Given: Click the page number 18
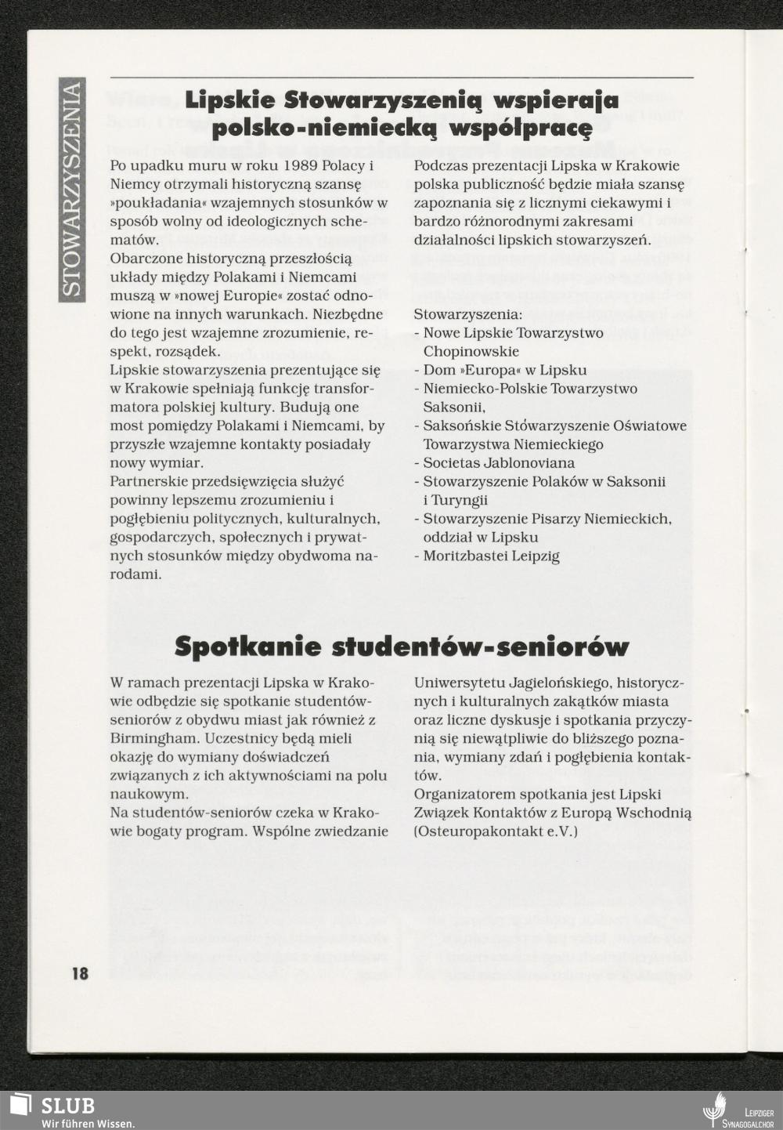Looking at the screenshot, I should pyautogui.click(x=80, y=974).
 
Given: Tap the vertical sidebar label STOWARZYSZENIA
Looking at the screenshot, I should pyautogui.click(x=71, y=188).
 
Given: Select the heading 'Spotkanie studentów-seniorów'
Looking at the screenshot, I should pyautogui.click(x=402, y=647).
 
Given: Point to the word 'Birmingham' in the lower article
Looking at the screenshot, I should pyautogui.click(x=153, y=738).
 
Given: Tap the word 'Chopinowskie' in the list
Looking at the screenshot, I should pyautogui.click(x=471, y=352).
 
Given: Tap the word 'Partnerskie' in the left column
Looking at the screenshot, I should pyautogui.click(x=146, y=481).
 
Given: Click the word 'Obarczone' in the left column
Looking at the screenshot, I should pyautogui.click(x=145, y=259).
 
